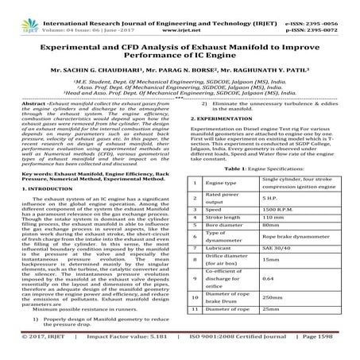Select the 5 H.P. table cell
[270, 197]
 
